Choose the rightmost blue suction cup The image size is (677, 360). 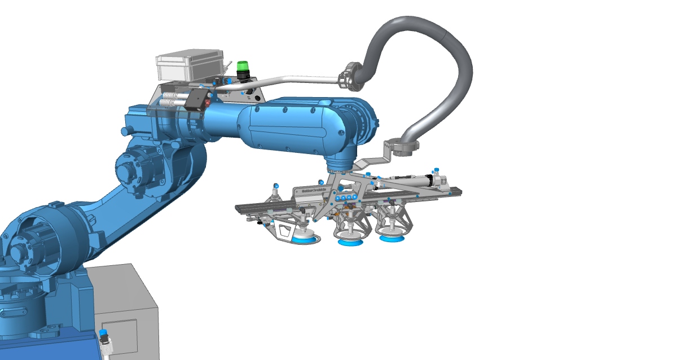pyautogui.click(x=392, y=238)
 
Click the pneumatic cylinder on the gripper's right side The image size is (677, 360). pyautogui.click(x=415, y=180)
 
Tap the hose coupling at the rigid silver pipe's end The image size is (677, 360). pyautogui.click(x=350, y=78)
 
